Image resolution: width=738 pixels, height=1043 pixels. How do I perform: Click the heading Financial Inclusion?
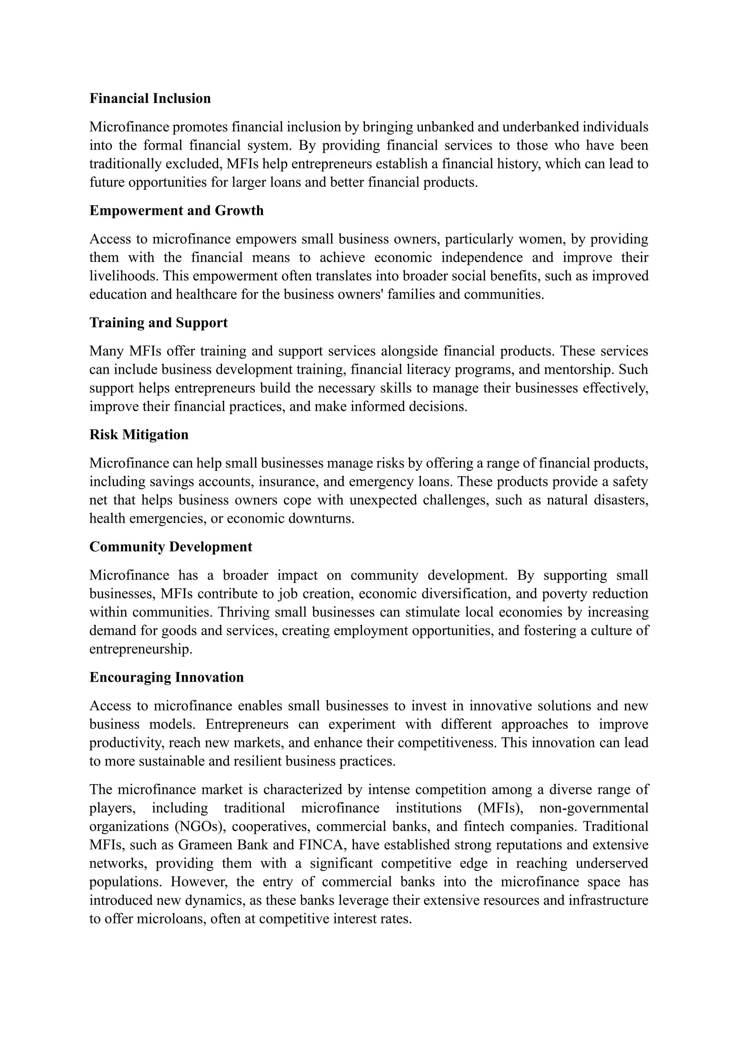coord(150,99)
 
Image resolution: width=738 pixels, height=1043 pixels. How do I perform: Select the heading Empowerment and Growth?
coord(176,211)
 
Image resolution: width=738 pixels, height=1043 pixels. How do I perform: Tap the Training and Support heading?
coord(158,323)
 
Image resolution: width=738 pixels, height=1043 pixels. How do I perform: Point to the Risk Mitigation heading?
coord(139,435)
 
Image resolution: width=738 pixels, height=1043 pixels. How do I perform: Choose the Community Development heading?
coord(170,547)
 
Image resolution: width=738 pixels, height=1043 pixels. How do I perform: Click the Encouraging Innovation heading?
coord(166,677)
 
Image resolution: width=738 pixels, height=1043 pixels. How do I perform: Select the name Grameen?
coord(204,845)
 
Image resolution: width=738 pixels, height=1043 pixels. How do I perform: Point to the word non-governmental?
coord(593,808)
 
